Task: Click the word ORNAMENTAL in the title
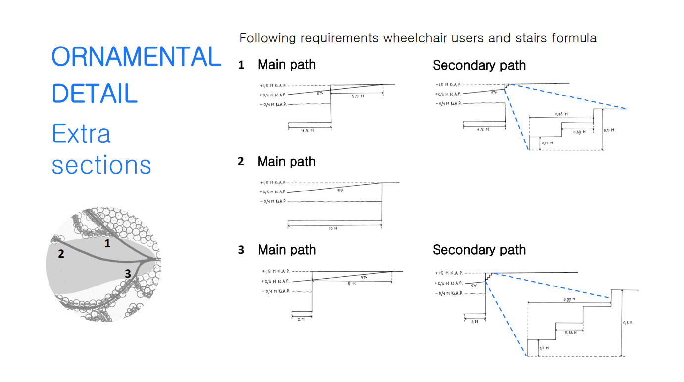pyautogui.click(x=136, y=57)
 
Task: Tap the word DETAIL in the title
pyautogui.click(x=95, y=94)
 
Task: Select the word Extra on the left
pyautogui.click(x=82, y=134)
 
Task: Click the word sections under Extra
pyautogui.click(x=101, y=165)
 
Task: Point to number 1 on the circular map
pyautogui.click(x=107, y=243)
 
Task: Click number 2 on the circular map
pyautogui.click(x=61, y=254)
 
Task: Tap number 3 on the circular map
pyautogui.click(x=128, y=273)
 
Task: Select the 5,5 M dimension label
pyautogui.click(x=358, y=96)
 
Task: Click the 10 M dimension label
pyautogui.click(x=332, y=229)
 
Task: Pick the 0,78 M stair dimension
pyautogui.click(x=561, y=114)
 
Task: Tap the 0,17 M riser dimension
pyautogui.click(x=547, y=143)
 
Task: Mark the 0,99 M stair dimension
pyautogui.click(x=570, y=299)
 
